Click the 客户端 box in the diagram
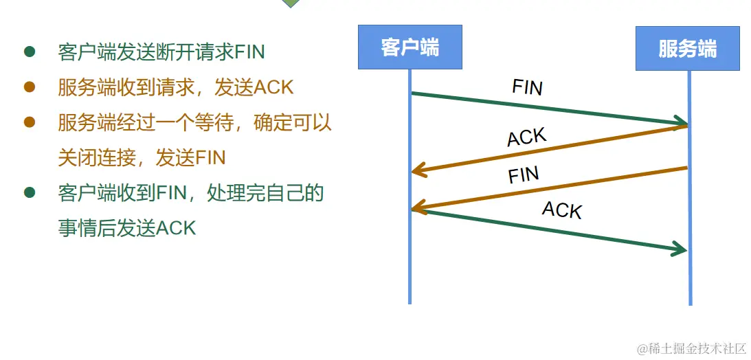[x=410, y=47]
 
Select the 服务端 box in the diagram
[x=687, y=49]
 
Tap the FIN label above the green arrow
[x=527, y=87]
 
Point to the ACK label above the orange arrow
[x=526, y=137]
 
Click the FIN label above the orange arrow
[x=524, y=175]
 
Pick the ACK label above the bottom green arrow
[x=561, y=209]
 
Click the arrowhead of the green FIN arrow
[x=680, y=124]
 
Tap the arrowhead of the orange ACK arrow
[x=418, y=171]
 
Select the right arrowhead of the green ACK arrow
[x=680, y=249]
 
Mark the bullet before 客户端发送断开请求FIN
[x=30, y=52]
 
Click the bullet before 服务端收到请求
[x=30, y=87]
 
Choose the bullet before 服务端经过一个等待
[x=30, y=122]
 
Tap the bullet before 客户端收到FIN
[x=30, y=192]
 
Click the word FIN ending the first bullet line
[x=249, y=52]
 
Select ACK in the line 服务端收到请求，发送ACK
[x=273, y=87]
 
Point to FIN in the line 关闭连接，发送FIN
[x=210, y=157]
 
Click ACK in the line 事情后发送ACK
[x=176, y=227]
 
